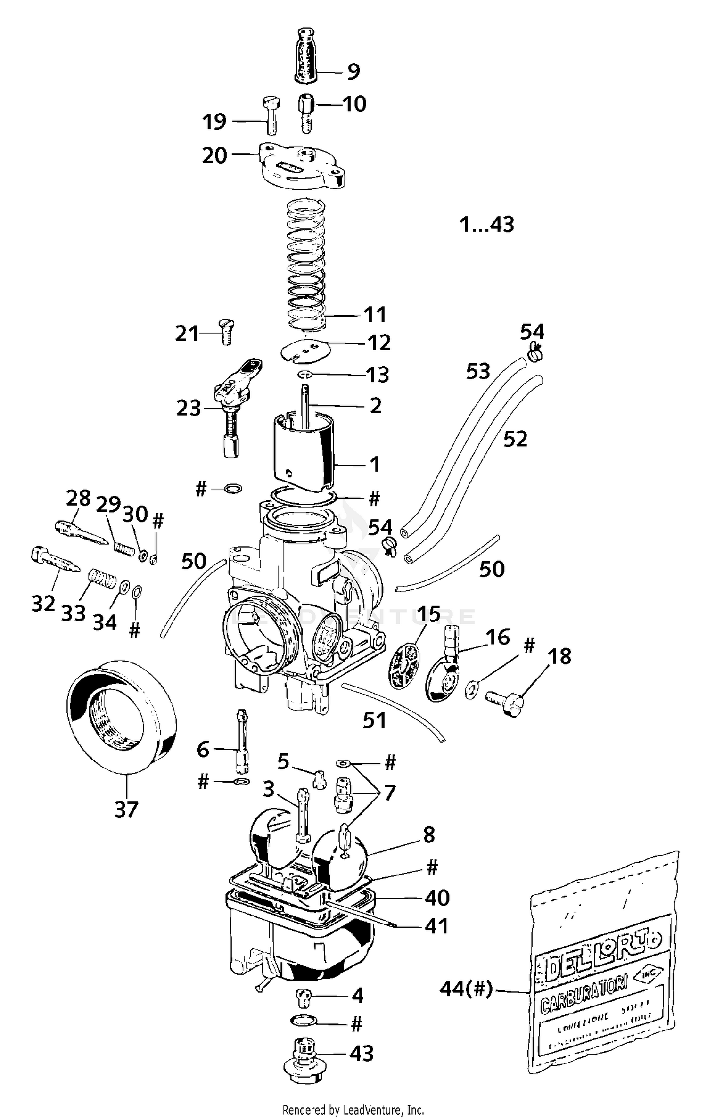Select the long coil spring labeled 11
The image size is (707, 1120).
(306, 264)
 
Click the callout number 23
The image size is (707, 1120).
(189, 408)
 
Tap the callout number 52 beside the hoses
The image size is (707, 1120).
(515, 439)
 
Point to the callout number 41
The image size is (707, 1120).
(436, 926)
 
